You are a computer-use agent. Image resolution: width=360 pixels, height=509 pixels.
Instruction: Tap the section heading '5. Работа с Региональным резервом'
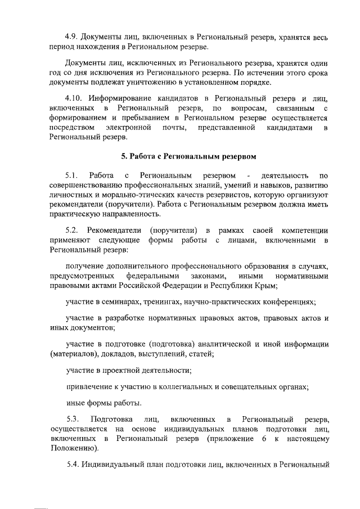click(x=179, y=155)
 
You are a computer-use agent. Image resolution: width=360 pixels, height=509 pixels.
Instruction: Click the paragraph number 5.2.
click(x=73, y=231)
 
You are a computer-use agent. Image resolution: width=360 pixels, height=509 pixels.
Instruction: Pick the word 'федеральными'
click(x=152, y=276)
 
